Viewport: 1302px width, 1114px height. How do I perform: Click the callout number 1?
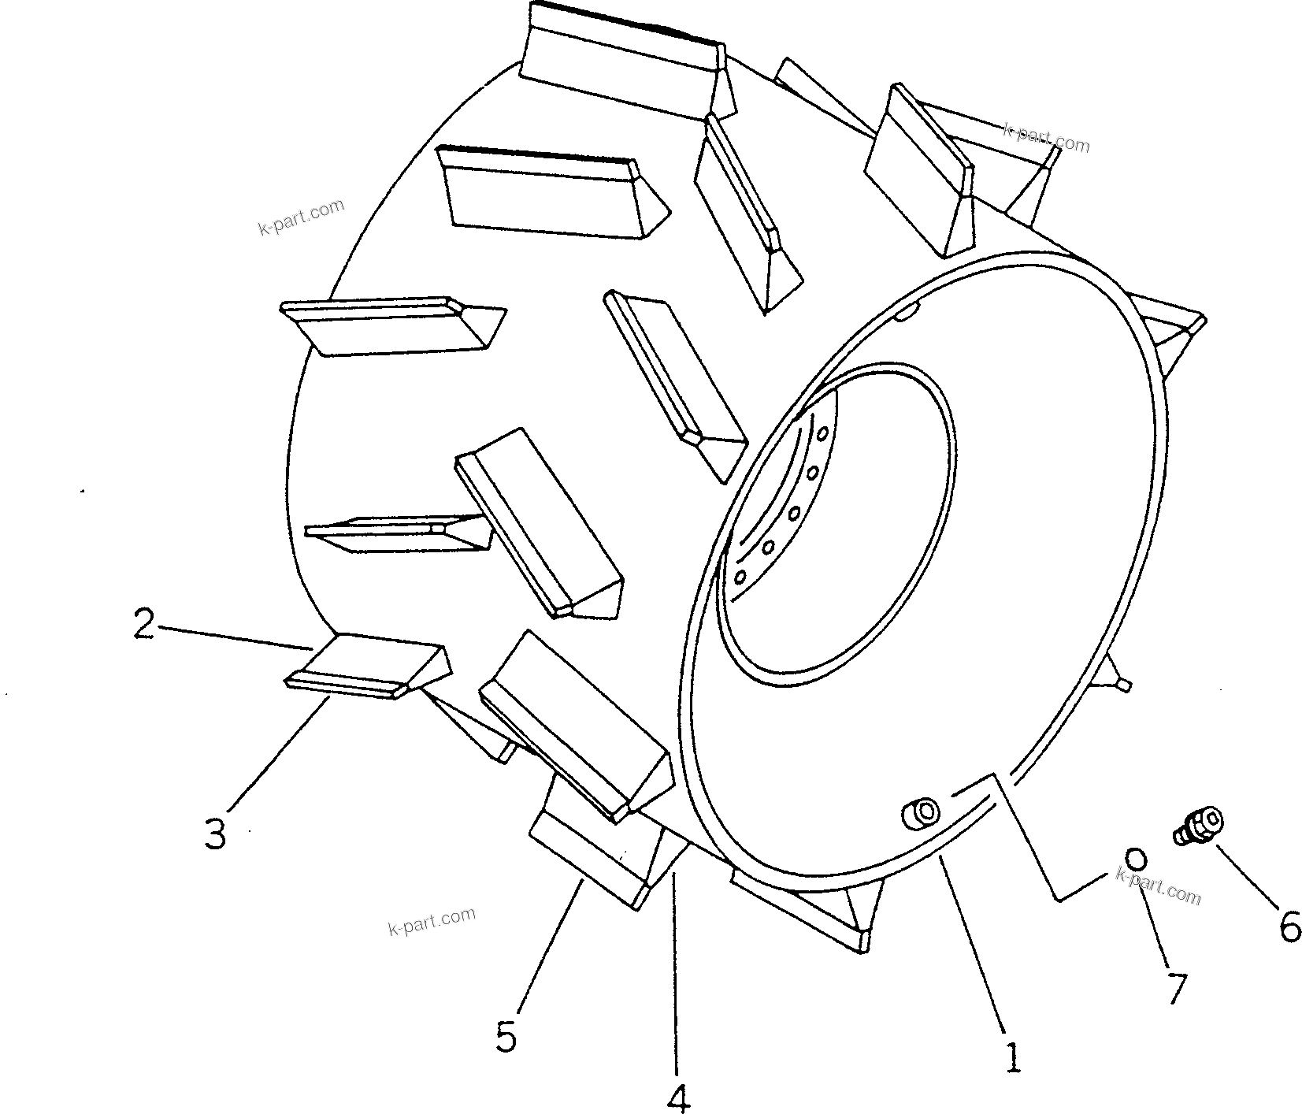(x=1013, y=1056)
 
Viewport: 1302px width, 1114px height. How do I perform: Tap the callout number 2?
(x=143, y=625)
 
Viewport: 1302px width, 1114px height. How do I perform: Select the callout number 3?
(x=215, y=834)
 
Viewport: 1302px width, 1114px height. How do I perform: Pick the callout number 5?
(x=506, y=1037)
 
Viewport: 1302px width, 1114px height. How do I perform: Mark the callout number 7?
(x=1175, y=988)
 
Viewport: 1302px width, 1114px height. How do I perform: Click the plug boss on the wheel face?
(x=919, y=811)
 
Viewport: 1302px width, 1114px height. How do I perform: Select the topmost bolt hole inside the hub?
(x=822, y=433)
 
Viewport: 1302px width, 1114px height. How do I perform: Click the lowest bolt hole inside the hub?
(x=740, y=577)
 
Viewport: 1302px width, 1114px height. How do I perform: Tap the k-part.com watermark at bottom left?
(x=432, y=919)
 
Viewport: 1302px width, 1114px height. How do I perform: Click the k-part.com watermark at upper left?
(x=302, y=217)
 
